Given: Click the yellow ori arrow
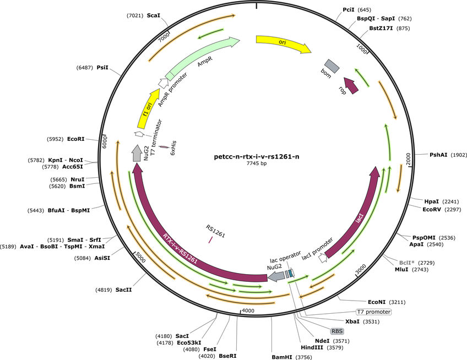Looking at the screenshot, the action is click(283, 42).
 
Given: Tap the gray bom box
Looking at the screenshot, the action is click(332, 66).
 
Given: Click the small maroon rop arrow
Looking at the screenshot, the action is click(351, 85).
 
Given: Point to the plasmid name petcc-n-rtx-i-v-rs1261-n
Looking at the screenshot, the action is click(257, 157).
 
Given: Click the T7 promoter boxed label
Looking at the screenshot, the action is click(374, 312).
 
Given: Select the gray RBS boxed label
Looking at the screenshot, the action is click(337, 331).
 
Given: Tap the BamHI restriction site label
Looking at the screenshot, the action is click(282, 357).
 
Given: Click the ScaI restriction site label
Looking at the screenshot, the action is click(154, 15).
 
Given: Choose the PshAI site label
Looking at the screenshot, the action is click(438, 155).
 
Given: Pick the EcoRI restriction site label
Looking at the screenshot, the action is click(75, 139).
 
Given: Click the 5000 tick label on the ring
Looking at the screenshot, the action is click(140, 257).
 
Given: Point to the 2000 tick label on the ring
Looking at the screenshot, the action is click(408, 159).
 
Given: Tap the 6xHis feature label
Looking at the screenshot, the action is click(173, 148).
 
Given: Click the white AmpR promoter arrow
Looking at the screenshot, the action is click(162, 83).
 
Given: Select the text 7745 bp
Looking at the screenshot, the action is click(257, 163).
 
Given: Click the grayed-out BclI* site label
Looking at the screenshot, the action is click(406, 263).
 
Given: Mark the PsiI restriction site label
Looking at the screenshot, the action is click(102, 68).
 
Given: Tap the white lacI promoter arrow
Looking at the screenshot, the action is click(323, 258).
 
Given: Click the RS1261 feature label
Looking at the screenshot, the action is click(215, 231).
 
